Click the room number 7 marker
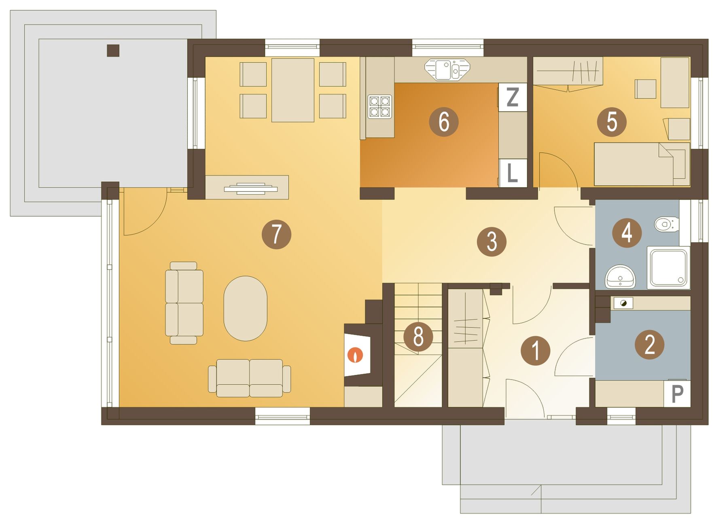[277, 234]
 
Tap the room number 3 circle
[492, 241]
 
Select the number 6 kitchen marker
[444, 121]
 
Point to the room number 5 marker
[612, 122]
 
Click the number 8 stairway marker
[418, 337]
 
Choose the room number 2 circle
[649, 345]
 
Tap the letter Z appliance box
[513, 97]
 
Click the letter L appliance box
[513, 173]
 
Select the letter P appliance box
[677, 394]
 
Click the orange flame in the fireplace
[356, 355]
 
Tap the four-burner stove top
[380, 106]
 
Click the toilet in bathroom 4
[666, 224]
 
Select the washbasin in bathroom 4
[620, 276]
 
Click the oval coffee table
[245, 308]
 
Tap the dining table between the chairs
[293, 90]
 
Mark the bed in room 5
[642, 164]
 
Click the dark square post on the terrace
[113, 50]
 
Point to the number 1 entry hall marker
[536, 350]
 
